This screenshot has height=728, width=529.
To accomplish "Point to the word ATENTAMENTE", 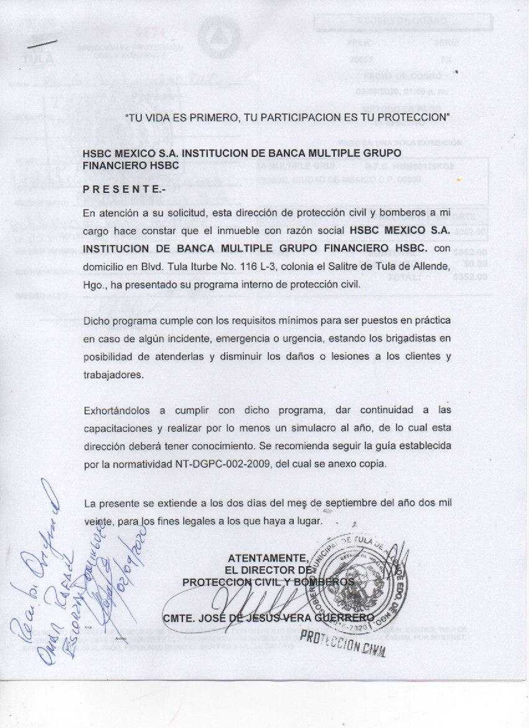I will [268, 557].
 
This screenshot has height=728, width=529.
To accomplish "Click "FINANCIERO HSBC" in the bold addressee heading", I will [131, 165].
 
